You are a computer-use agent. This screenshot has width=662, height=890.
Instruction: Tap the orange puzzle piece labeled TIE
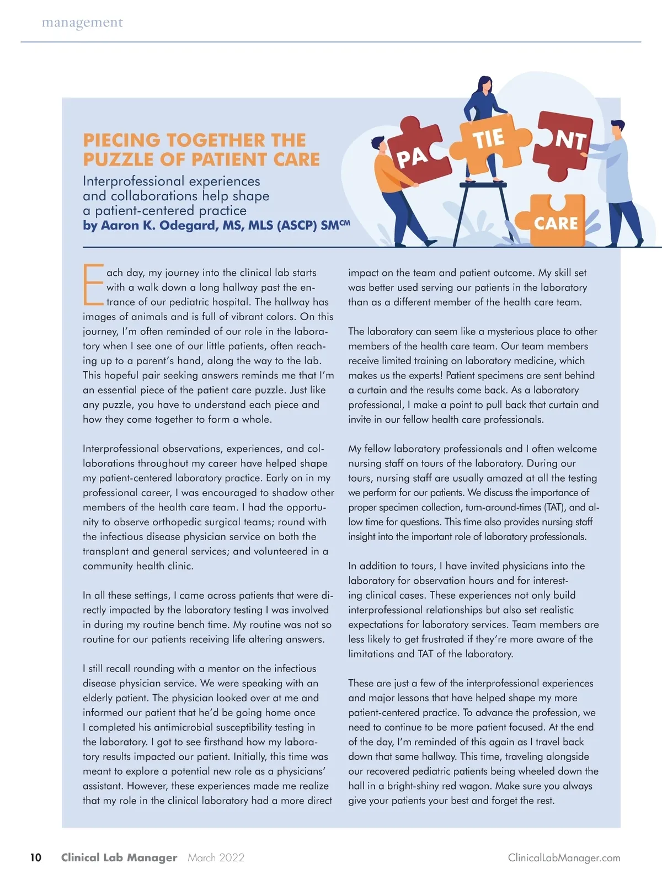pos(488,141)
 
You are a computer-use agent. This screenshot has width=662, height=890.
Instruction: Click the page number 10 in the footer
pos(35,857)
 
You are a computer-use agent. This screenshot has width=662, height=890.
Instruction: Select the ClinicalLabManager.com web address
pos(564,857)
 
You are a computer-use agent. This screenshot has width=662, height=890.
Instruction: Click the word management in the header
pos(82,23)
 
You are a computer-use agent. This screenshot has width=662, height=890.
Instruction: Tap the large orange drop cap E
pos(93,284)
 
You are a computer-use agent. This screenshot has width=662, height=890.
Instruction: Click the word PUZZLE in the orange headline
pos(119,159)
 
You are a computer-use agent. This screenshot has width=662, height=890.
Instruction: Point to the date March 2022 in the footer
pos(216,857)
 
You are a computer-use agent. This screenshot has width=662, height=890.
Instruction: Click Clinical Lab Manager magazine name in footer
pos(119,857)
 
